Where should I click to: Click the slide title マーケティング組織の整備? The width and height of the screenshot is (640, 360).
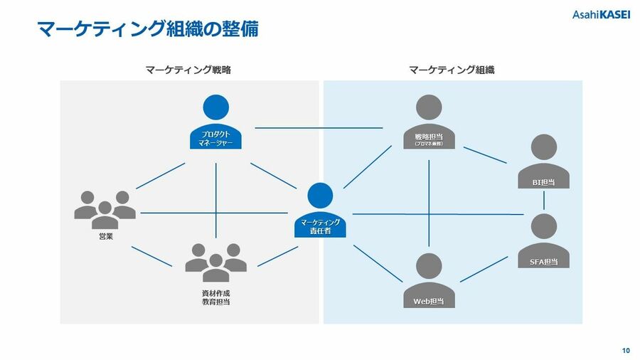click(x=147, y=29)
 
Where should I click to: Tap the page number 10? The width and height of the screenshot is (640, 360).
click(x=625, y=350)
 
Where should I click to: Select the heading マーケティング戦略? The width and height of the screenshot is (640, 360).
click(x=188, y=70)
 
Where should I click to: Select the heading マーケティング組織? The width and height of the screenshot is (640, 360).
click(x=452, y=70)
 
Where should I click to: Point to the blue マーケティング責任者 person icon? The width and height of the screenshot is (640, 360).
click(x=321, y=211)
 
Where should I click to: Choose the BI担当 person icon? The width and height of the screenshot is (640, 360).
click(x=544, y=162)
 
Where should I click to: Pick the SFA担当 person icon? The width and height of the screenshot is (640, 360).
click(x=544, y=241)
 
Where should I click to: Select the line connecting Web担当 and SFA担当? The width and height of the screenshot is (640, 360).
click(x=484, y=270)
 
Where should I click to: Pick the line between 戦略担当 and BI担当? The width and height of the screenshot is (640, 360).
click(x=486, y=155)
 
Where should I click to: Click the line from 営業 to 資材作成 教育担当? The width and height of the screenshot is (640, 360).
click(x=151, y=256)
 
